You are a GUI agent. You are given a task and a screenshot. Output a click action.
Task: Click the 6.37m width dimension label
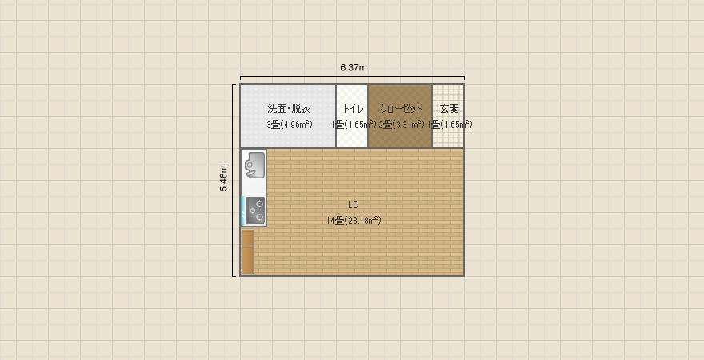coord(354,68)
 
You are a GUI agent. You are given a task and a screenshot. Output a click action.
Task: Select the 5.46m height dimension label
coord(223,178)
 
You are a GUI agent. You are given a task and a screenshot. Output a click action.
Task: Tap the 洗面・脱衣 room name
coord(289,109)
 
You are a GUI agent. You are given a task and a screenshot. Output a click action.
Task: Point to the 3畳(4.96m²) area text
coord(289,124)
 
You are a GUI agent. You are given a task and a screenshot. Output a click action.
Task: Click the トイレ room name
coord(353,109)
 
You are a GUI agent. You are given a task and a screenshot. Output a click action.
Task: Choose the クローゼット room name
coord(401,109)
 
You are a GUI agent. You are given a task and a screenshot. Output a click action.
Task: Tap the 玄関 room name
coord(450,109)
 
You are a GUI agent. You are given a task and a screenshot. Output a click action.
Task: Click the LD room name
coord(354,205)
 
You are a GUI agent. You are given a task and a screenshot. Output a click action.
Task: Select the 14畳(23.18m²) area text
coord(354,220)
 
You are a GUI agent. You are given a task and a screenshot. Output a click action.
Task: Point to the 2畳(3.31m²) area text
coord(402,124)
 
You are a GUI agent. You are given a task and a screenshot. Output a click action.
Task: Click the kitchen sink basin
coord(254,166)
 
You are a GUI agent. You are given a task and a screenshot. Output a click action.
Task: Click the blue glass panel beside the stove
coord(243,211)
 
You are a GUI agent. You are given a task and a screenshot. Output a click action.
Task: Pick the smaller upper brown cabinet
coord(248,238)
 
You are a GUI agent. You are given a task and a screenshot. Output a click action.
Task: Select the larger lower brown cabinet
coord(248,259)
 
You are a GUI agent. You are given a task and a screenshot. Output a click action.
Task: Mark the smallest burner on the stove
coord(252,210)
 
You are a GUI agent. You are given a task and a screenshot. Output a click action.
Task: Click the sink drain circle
coord(249,165)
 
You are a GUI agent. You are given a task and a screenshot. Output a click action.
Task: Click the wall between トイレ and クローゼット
coord(368,116)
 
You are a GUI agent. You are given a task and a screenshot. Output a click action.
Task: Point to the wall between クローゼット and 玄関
coord(432,116)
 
